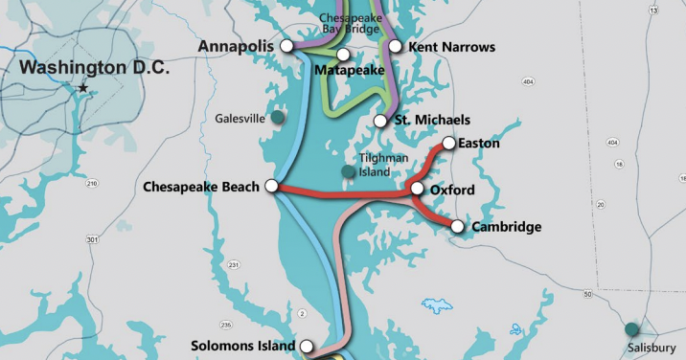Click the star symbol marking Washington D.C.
(x=83, y=88)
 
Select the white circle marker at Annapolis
(x=286, y=46)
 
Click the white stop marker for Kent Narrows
(x=395, y=46)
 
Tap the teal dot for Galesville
(x=277, y=117)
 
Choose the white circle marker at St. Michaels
(x=380, y=121)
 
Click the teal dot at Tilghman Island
(x=348, y=171)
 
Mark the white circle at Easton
(x=447, y=144)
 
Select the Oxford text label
(x=452, y=191)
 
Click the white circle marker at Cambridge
(x=457, y=227)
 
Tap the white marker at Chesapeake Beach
(x=271, y=186)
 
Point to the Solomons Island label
(x=243, y=346)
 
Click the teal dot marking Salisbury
(x=631, y=329)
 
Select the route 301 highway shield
(x=93, y=238)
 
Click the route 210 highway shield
(x=92, y=182)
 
